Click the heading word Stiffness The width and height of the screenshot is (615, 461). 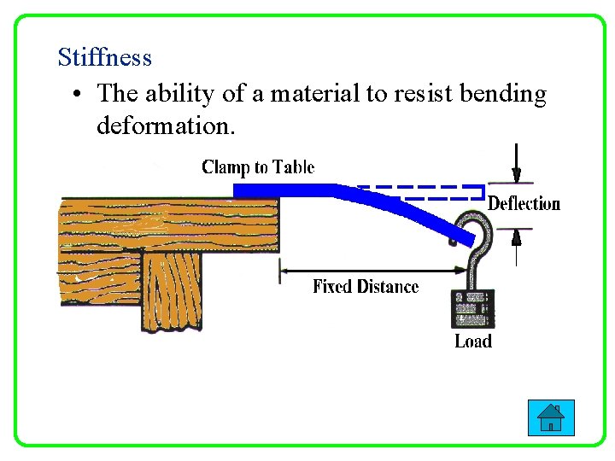click(x=104, y=58)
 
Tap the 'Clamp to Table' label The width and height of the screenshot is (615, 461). click(x=258, y=167)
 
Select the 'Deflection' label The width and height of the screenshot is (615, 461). click(x=524, y=204)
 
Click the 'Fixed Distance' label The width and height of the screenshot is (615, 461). click(x=366, y=287)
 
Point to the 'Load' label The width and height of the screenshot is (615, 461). click(x=473, y=341)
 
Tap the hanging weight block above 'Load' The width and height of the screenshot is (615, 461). click(x=472, y=309)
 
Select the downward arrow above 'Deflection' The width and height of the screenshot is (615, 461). click(x=516, y=163)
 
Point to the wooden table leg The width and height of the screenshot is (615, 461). click(x=170, y=290)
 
